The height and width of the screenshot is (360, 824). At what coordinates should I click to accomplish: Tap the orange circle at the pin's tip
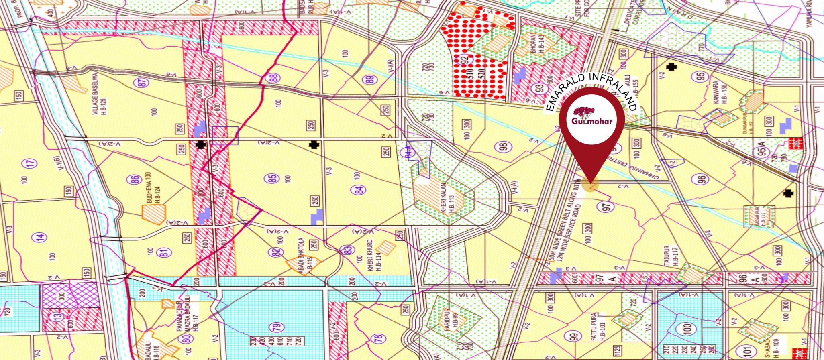click(590, 185)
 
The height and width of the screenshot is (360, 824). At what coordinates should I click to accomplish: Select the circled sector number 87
click(143, 83)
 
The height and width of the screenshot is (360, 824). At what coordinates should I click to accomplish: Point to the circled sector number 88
click(275, 77)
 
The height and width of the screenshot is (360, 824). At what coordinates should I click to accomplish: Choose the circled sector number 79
click(277, 327)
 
